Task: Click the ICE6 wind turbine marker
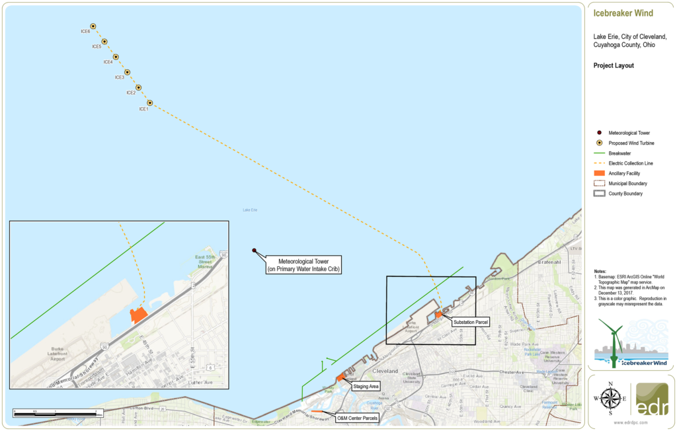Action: [93, 26]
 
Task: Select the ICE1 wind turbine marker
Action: [150, 103]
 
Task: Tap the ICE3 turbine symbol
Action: [127, 72]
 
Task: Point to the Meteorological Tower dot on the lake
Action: [255, 251]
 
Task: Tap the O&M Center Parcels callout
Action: [356, 418]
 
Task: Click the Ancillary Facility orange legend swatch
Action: [600, 173]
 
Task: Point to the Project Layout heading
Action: [614, 65]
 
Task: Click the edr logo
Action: [651, 399]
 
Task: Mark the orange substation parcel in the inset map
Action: [138, 315]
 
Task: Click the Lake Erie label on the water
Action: [250, 210]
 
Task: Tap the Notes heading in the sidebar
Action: [600, 272]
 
